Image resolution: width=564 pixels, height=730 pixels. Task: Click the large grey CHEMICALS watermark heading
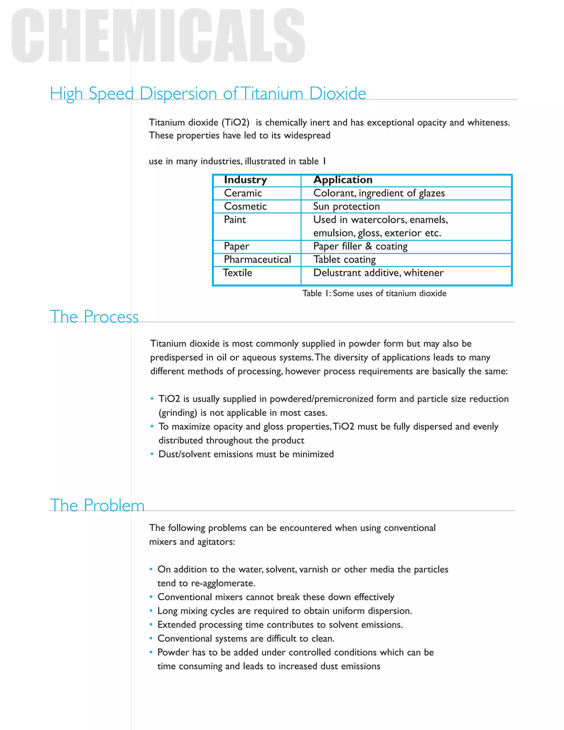point(158,36)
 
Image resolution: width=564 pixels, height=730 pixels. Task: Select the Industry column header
point(245,180)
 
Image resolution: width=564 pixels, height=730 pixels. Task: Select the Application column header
point(343,180)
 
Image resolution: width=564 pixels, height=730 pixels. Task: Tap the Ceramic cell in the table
point(243,193)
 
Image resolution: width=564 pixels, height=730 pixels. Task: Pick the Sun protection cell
point(346,207)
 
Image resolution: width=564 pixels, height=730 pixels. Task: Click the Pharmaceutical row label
point(257,260)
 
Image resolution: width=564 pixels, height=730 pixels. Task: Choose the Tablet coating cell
point(344,260)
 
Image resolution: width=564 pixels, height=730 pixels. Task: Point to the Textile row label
point(238,273)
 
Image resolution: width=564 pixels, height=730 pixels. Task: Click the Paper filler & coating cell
point(360,246)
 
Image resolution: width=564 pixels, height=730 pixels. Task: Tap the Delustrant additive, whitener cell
point(378,273)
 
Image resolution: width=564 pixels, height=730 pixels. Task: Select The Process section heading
point(94,317)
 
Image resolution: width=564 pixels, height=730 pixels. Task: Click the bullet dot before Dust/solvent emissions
point(152,454)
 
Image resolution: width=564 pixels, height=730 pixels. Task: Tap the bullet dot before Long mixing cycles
point(151,611)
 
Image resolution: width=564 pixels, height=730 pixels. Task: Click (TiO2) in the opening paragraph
point(235,122)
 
